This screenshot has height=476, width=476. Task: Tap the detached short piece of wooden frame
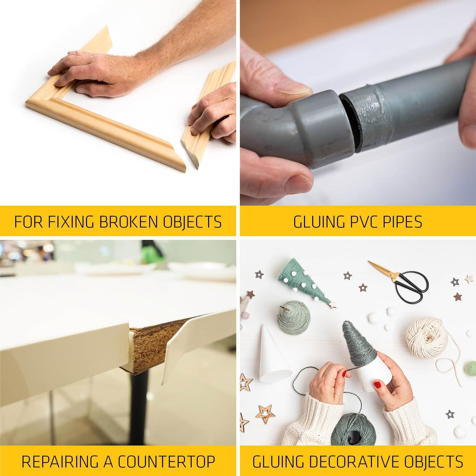pos(208,119)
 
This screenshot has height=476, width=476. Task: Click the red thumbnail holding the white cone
pos(378,384)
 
